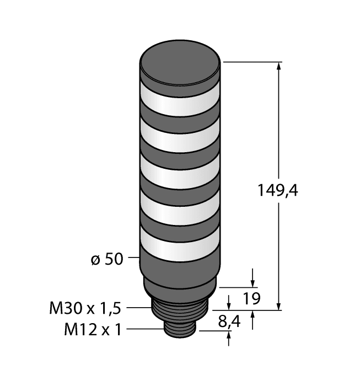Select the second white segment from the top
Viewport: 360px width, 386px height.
[x=181, y=140]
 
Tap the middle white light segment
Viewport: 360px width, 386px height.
[x=181, y=175]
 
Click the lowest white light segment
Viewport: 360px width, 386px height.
[x=181, y=246]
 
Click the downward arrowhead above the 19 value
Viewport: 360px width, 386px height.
[x=253, y=281]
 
